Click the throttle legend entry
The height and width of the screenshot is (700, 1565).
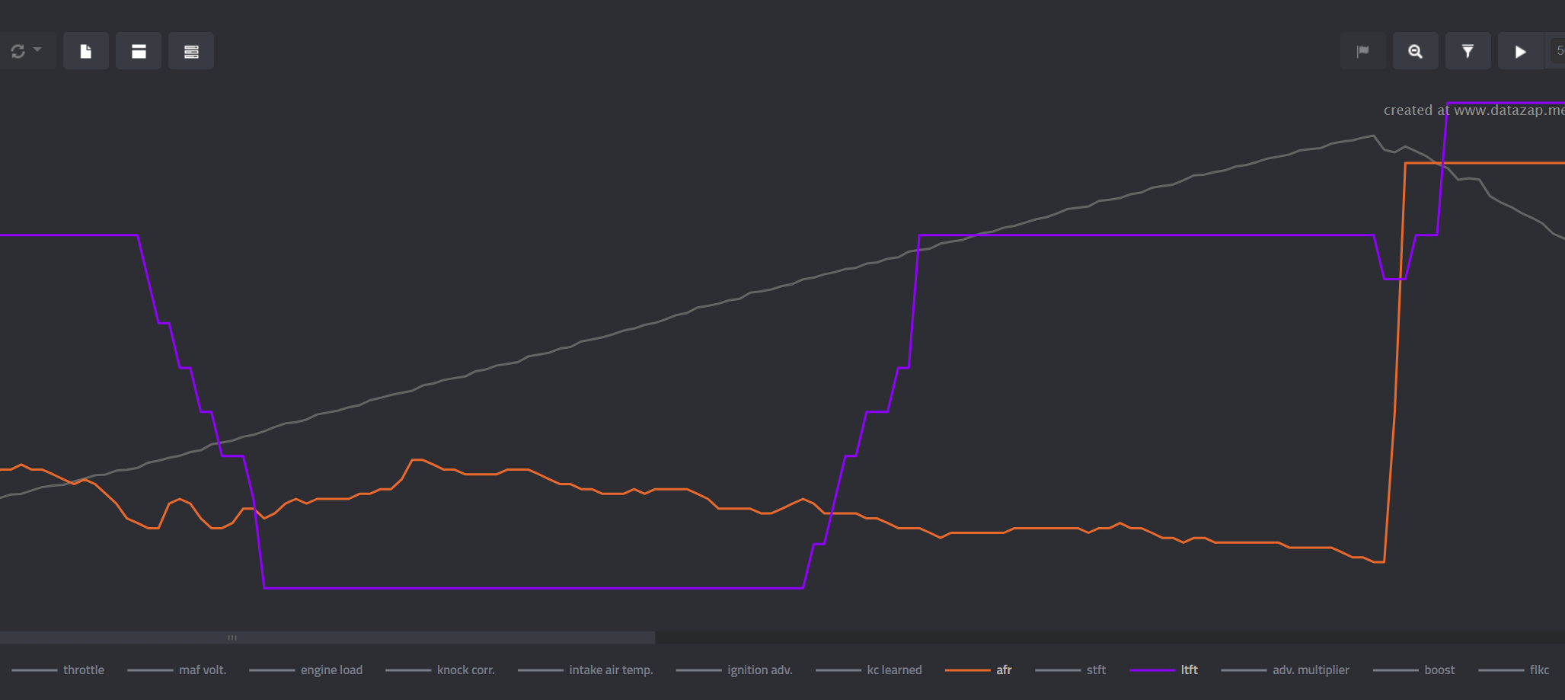pos(83,670)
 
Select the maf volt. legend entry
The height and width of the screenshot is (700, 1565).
pos(202,670)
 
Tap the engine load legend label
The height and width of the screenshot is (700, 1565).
pos(331,670)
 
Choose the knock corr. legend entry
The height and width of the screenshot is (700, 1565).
pos(465,670)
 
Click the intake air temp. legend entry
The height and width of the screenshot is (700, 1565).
pos(611,670)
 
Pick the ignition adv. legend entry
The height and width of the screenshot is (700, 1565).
pos(759,670)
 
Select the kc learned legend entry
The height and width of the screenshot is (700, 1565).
pos(894,670)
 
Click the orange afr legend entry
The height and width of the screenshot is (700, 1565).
pos(1004,670)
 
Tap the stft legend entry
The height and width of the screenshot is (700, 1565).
pos(1096,670)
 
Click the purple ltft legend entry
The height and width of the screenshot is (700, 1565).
pos(1189,670)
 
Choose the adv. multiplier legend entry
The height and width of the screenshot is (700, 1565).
pos(1310,670)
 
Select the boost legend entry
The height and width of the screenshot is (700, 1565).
pos(1439,670)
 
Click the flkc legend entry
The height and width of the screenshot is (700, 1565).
pos(1539,670)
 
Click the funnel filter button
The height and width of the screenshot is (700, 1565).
pos(1468,51)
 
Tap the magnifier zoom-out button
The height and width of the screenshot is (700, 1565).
pos(1415,51)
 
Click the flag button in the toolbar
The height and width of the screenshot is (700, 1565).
pos(1362,51)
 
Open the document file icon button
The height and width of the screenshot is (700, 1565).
pos(86,51)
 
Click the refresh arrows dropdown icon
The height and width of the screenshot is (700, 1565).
pos(25,51)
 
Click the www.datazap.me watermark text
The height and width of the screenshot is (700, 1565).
pos(1509,110)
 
